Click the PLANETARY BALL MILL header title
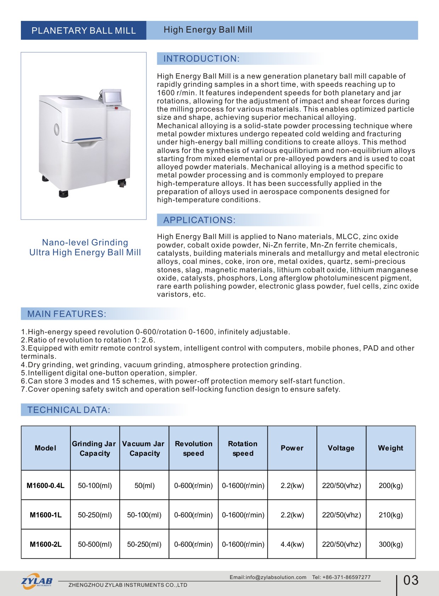pyautogui.click(x=84, y=30)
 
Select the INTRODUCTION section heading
pyautogui.click(x=201, y=59)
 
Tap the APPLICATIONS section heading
pyautogui.click(x=199, y=220)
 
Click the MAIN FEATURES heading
pyautogui.click(x=67, y=314)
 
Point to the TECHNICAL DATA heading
pyautogui.click(x=69, y=410)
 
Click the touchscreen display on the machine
pyautogui.click(x=112, y=97)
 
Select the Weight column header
pyautogui.click(x=390, y=448)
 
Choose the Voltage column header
pyautogui.click(x=341, y=448)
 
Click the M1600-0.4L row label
pyautogui.click(x=46, y=486)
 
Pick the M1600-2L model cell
pyautogui.click(x=46, y=544)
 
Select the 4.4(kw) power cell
pyautogui.click(x=292, y=544)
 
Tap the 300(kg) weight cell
pyautogui.click(x=390, y=544)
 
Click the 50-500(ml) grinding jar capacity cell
pyautogui.click(x=95, y=544)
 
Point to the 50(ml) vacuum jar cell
pyautogui.click(x=144, y=486)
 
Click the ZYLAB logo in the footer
pyautogui.click(x=37, y=581)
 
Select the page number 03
pyautogui.click(x=411, y=580)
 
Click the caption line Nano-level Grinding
pyautogui.click(x=85, y=243)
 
